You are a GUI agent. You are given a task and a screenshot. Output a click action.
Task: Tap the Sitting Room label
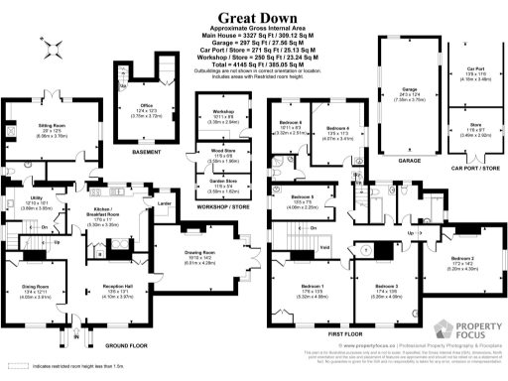[x=53, y=126]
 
